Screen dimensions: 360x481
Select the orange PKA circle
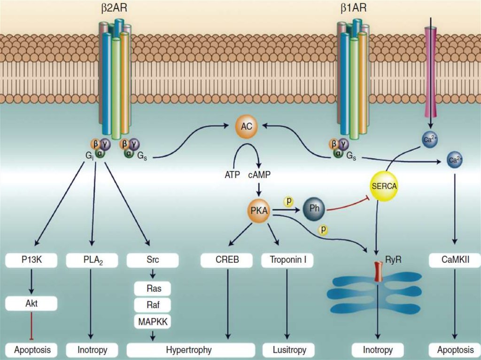(259, 212)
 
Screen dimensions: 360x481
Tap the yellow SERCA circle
(384, 185)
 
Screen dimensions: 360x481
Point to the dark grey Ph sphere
(314, 208)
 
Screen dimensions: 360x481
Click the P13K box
(32, 259)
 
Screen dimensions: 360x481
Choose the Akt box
(32, 303)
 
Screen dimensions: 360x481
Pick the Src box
(153, 259)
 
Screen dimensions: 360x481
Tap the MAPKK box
(153, 322)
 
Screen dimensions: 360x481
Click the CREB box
(229, 259)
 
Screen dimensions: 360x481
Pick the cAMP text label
(259, 175)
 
